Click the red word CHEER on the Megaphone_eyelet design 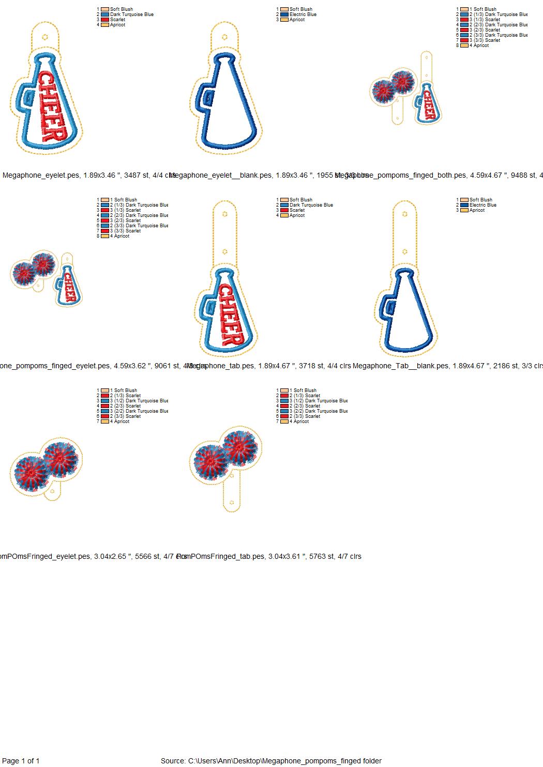52,107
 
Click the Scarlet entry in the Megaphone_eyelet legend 117,20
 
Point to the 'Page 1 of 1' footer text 21,761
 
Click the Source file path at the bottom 271,761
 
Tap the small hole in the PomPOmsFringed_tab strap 232,502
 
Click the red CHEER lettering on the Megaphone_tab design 231,315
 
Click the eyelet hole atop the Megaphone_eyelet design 46,37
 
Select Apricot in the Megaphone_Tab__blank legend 477,210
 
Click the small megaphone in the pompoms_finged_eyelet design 68,289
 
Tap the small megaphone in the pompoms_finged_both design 428,103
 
